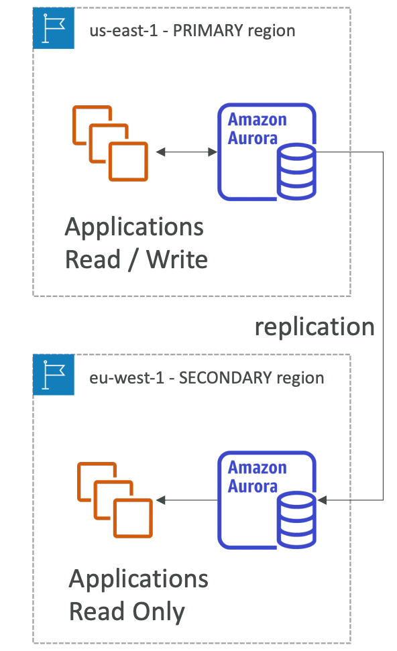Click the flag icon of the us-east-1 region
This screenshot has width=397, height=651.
54,27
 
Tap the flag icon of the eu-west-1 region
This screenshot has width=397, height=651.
54,375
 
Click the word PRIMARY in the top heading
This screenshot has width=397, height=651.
208,31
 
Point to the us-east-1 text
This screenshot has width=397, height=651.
124,31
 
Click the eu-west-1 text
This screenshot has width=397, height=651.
127,378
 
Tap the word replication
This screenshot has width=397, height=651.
315,327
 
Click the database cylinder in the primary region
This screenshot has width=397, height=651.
296,172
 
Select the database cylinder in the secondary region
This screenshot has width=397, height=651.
296,520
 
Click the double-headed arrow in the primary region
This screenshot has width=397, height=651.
186,152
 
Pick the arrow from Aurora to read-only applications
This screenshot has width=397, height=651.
186,500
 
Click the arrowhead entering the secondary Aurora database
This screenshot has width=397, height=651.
322,500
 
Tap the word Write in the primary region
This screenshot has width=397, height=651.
177,260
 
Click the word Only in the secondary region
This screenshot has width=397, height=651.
159,612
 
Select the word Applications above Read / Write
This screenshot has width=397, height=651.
134,227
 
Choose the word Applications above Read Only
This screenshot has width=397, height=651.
138,579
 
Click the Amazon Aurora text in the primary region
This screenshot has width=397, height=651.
257,129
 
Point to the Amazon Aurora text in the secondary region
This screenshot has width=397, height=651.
257,477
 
